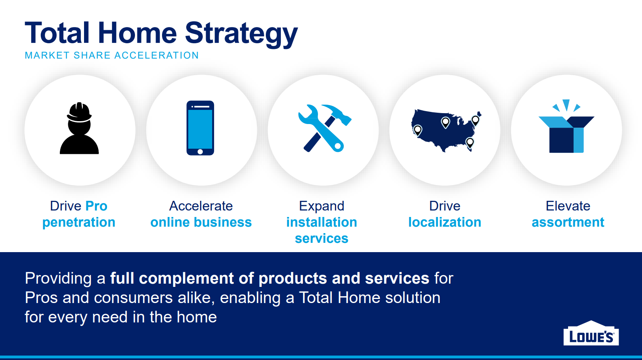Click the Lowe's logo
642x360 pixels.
tap(591, 333)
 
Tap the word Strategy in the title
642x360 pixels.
tap(241, 34)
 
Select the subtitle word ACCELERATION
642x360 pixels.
tap(156, 55)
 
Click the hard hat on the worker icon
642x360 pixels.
tap(79, 112)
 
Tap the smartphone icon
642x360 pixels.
tap(200, 128)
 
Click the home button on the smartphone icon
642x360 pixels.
tap(200, 152)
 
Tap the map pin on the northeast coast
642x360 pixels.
tap(475, 120)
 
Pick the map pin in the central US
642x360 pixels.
tap(445, 123)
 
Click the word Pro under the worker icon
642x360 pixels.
tap(96, 206)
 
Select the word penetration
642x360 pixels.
tap(79, 222)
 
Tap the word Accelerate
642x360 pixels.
tap(201, 206)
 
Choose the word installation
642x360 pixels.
tap(322, 222)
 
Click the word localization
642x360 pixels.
tap(445, 222)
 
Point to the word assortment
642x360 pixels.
tap(568, 222)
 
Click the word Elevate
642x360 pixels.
tap(568, 206)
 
